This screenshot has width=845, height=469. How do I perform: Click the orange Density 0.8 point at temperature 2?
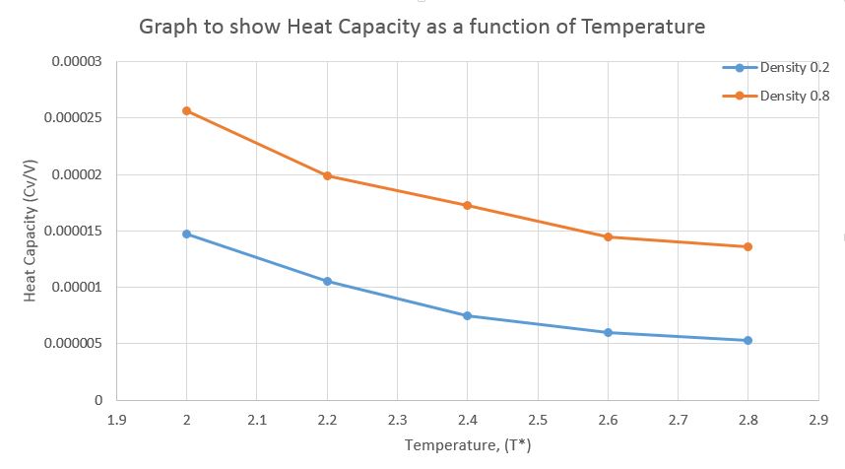click(187, 110)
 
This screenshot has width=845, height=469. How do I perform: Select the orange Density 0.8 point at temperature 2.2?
click(327, 176)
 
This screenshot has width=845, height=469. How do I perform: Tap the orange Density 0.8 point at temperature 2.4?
click(468, 205)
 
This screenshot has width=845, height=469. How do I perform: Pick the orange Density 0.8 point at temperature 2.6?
click(608, 236)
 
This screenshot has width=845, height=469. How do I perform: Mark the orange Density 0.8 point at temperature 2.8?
click(748, 246)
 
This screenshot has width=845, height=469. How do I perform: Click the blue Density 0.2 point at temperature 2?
click(187, 234)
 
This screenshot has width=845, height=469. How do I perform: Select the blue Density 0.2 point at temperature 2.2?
click(327, 281)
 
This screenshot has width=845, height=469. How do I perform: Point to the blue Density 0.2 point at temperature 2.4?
click(468, 315)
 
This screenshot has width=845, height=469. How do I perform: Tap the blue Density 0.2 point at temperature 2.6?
click(608, 332)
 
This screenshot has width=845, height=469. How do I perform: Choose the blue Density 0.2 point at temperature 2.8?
click(748, 340)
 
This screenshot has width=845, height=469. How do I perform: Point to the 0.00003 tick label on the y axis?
click(76, 62)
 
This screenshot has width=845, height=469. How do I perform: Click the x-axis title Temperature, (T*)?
click(468, 446)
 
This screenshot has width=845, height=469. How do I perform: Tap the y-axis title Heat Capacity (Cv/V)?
click(31, 231)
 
